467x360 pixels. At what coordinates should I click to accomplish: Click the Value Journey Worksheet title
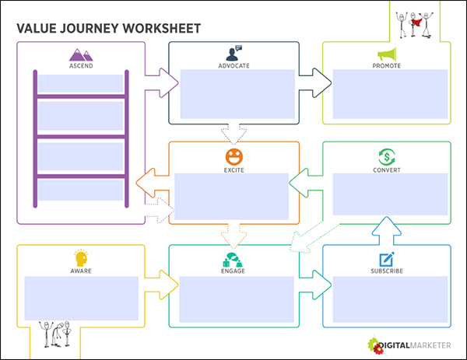[108, 29]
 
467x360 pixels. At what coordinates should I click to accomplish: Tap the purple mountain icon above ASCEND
[80, 54]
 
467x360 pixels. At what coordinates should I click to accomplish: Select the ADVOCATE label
[233, 65]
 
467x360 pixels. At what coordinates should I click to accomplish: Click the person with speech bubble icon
[233, 53]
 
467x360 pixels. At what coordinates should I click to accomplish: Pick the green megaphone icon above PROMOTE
[387, 54]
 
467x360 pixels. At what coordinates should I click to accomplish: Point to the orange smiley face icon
[234, 155]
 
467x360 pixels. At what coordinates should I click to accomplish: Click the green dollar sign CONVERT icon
[387, 155]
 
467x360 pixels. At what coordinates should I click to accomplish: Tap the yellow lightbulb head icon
[80, 257]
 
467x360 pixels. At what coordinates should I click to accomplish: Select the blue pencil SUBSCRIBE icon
[387, 258]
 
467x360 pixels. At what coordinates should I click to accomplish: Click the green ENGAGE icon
[233, 258]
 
